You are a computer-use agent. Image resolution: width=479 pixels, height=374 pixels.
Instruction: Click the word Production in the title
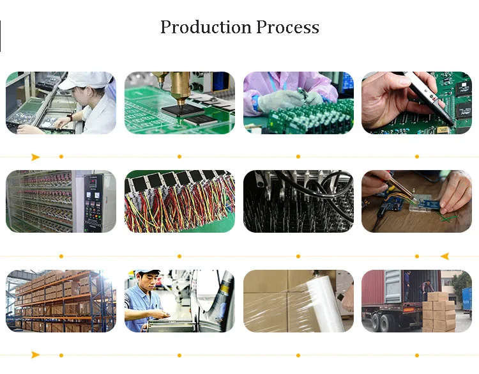(205, 27)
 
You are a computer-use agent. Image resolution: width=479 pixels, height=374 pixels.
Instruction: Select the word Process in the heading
(287, 27)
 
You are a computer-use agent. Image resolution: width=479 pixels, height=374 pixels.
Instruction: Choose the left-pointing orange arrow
(445, 256)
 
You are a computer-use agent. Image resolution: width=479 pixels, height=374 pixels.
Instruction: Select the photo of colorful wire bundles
(179, 201)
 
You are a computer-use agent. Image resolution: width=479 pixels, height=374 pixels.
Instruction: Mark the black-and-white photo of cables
(298, 201)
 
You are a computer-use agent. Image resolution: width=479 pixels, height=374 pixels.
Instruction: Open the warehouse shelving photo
(61, 300)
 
